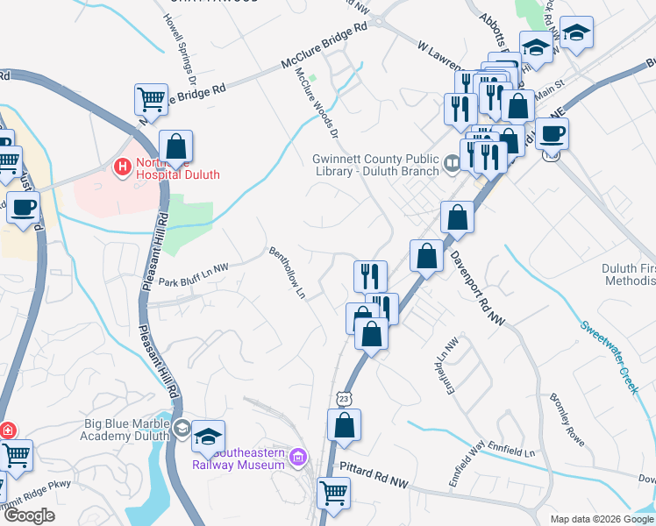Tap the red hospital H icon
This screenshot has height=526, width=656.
coord(122,164)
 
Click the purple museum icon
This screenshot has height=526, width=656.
coord(298,458)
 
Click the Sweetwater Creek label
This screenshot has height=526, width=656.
coord(607,356)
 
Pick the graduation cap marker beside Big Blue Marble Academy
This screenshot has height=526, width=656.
coord(209,436)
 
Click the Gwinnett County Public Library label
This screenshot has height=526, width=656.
coord(376,165)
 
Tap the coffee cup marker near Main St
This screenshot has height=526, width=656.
coord(552,133)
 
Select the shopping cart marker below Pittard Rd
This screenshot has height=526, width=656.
coord(334,493)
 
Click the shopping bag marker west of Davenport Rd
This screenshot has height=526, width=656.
coord(426,256)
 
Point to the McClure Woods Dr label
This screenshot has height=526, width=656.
coord(317,103)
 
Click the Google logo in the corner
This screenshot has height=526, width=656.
coord(30,515)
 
